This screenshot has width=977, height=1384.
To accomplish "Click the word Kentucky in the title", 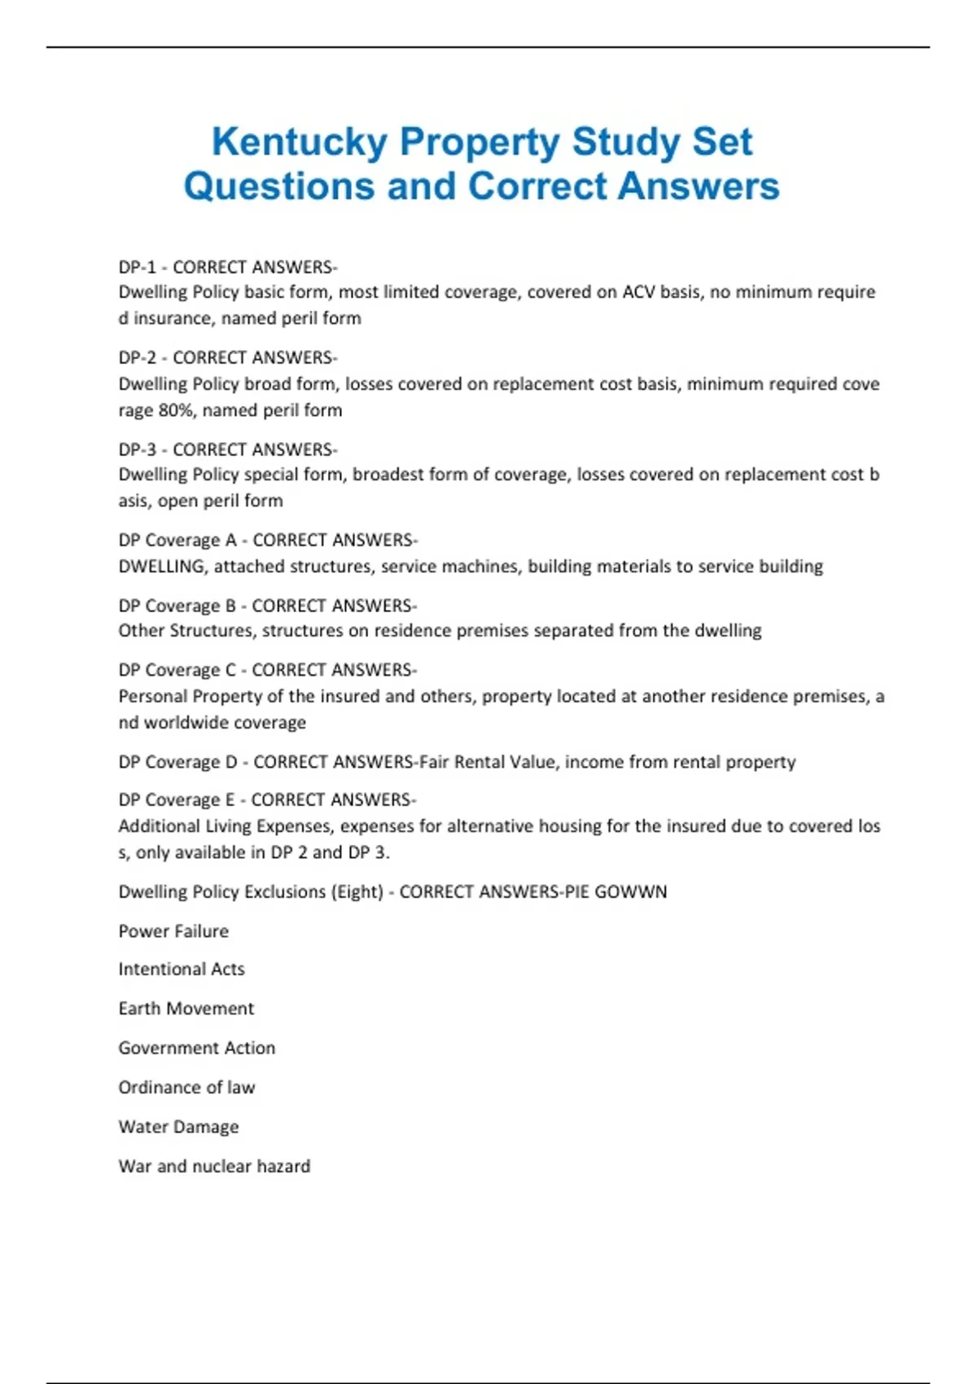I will tap(299, 142).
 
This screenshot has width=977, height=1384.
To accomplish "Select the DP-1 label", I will tap(137, 267).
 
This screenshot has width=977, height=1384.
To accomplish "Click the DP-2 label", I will tap(137, 357).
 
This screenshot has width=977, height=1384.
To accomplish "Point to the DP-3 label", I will tap(137, 449).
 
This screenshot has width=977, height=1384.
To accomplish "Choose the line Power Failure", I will tap(173, 931).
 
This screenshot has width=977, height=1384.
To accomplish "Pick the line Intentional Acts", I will tap(182, 970).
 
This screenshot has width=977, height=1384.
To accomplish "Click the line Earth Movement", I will tap(186, 1009).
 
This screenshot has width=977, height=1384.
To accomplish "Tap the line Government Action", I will tap(197, 1048).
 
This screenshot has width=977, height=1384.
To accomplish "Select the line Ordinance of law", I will tap(186, 1088).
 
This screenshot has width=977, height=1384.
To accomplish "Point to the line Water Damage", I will tap(179, 1127).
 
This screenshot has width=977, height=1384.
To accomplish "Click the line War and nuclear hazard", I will tap(214, 1167).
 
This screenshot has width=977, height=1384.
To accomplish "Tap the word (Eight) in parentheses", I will tap(357, 892).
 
